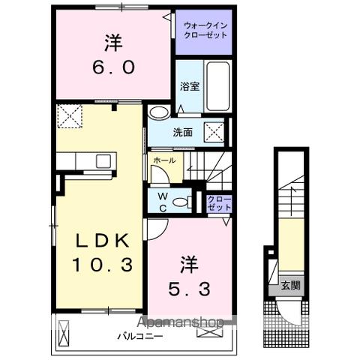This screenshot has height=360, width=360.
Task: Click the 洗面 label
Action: click(x=183, y=132)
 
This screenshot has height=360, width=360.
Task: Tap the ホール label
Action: click(x=164, y=160)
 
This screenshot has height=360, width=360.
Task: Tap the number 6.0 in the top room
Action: click(x=114, y=67)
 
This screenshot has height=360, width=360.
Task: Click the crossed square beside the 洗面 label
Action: click(x=214, y=132)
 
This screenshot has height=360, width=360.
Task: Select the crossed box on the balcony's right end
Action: click(x=204, y=329)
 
